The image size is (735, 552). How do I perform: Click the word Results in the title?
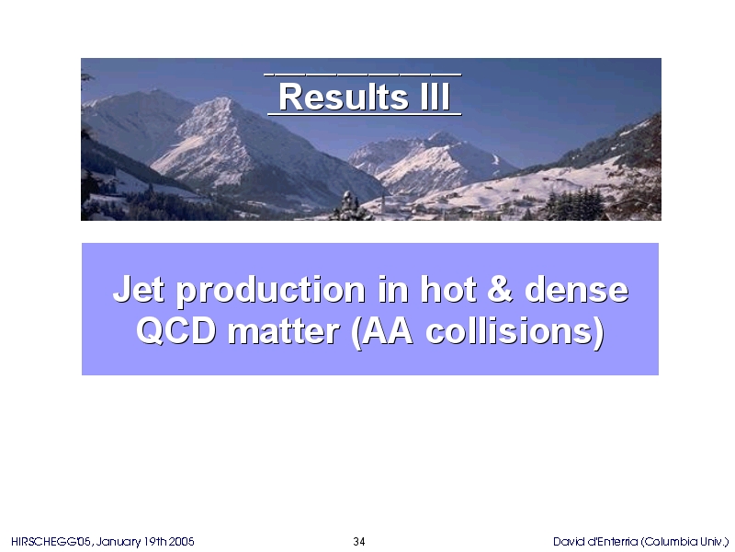point(344,98)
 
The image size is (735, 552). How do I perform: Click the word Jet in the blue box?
point(139,289)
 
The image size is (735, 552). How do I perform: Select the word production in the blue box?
point(271,291)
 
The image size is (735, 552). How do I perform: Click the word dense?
point(577,290)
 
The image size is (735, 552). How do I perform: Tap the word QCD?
point(176,331)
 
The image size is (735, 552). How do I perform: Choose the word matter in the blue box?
point(284,332)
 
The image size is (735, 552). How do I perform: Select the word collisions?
point(511,331)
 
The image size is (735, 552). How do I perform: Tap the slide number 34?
point(359,542)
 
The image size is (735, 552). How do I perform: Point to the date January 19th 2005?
point(145,542)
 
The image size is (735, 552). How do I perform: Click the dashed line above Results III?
point(363,74)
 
